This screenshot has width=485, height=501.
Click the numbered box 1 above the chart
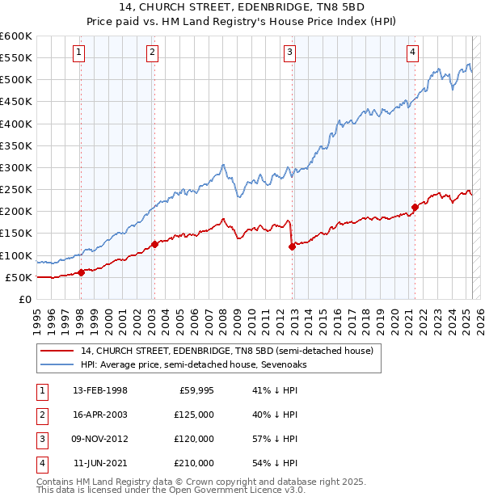(79, 53)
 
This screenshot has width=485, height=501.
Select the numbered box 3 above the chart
(289, 53)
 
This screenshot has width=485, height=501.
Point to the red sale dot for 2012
(292, 246)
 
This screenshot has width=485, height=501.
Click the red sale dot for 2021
(415, 207)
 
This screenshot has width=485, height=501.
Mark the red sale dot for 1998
(82, 272)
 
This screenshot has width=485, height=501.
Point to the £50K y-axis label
(18, 277)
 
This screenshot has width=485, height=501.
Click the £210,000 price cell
(194, 463)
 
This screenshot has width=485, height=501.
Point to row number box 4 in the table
(40, 463)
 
